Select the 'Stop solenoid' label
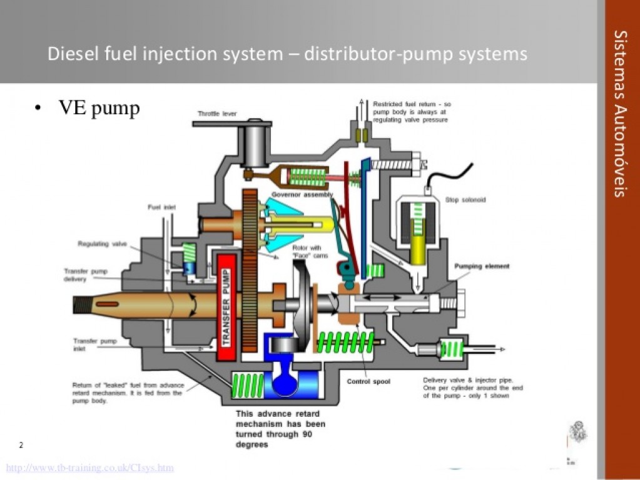click(465, 201)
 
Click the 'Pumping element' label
click(482, 266)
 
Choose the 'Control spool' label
click(368, 381)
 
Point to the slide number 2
click(21, 446)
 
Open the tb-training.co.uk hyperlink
click(89, 467)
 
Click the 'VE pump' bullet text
click(99, 109)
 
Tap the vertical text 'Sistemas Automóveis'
click(619, 112)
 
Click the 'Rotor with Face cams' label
click(306, 252)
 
